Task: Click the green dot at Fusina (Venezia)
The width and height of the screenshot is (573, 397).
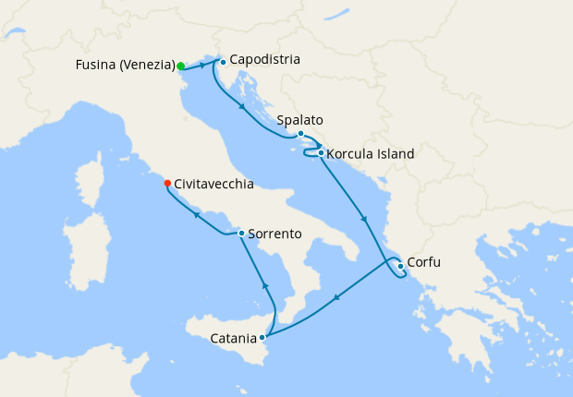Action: pos(181,66)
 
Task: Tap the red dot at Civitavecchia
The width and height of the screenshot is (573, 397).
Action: pos(167,183)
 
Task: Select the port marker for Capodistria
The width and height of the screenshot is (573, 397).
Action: pos(223,63)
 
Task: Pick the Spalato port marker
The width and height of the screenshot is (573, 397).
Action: pos(300,134)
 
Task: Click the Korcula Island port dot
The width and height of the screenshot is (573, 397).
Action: pos(320,153)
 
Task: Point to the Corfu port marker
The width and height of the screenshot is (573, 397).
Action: pos(399,267)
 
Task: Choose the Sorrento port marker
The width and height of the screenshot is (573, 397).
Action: pos(241,234)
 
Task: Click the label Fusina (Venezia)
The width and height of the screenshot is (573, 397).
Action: pos(126,66)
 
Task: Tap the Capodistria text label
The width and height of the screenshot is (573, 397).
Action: pos(265,60)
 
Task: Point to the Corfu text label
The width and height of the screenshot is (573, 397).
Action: pos(424,262)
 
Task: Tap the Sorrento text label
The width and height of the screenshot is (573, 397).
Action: pos(275,235)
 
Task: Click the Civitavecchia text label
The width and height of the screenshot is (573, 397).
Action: pos(213,185)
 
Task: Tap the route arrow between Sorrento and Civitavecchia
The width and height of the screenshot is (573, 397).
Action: pos(196,216)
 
